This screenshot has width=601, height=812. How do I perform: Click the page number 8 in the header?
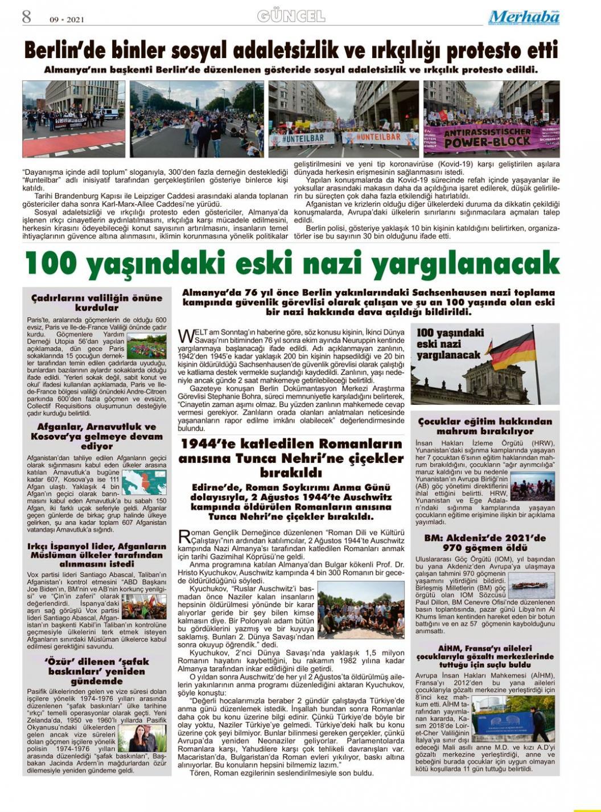coord(27,17)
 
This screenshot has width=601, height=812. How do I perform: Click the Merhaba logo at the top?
coord(524,17)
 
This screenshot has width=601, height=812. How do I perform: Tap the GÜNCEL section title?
coord(291,16)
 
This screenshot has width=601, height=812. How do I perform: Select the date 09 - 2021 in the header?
coord(67,19)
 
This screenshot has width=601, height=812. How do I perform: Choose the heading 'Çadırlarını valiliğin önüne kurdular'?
coord(97,302)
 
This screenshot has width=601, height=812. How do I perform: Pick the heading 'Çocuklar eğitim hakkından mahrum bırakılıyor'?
coord(485,426)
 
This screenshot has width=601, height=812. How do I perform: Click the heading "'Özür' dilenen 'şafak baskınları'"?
coord(97,671)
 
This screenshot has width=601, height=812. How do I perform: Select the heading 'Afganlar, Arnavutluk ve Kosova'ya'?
coord(97,436)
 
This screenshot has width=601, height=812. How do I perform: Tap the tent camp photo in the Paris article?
coord(146,346)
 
